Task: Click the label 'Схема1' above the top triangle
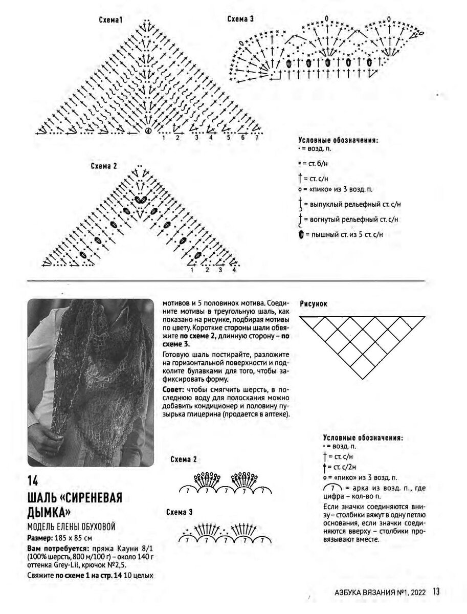(x=112, y=20)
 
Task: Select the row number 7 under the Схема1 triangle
(x=257, y=138)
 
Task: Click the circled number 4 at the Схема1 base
(x=148, y=131)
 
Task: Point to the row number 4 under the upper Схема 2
(x=234, y=270)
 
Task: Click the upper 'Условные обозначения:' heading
(x=338, y=140)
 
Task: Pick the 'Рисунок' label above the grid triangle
(x=314, y=303)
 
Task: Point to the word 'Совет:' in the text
(x=174, y=390)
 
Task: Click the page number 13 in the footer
(x=436, y=592)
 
